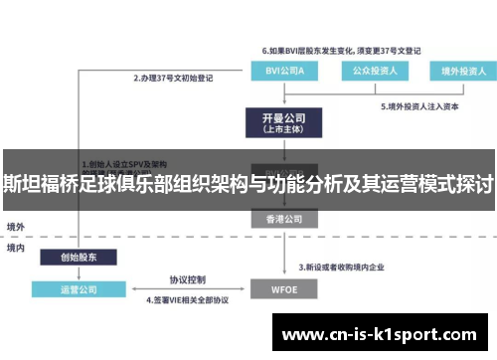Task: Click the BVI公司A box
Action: tap(281, 71)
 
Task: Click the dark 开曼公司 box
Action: tap(281, 123)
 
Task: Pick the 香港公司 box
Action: tap(281, 218)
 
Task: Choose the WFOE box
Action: tap(281, 291)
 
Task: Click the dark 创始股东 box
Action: tap(79, 256)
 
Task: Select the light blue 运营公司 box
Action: tap(79, 291)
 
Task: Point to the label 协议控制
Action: tap(186, 279)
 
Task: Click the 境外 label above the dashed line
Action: tap(16, 227)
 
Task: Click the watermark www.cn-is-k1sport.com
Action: tap(380, 335)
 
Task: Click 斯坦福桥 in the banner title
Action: tap(41, 185)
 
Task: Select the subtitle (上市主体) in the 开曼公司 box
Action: tap(281, 130)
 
